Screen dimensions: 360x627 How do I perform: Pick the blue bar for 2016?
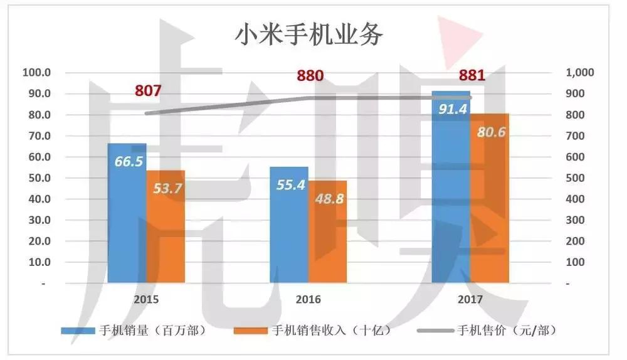coord(289,232)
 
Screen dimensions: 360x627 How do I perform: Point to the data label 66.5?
coord(129,161)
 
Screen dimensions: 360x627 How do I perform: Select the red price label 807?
coord(148,91)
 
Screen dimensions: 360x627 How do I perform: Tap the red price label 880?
coord(310,77)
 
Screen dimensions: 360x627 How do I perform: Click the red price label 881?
coord(472,77)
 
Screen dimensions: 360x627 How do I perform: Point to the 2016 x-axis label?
coord(308,299)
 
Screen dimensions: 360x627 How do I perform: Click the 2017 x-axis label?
coord(470,299)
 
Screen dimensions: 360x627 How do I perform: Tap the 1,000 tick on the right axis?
coord(579,73)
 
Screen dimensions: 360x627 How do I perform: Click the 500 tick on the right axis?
coord(576,178)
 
